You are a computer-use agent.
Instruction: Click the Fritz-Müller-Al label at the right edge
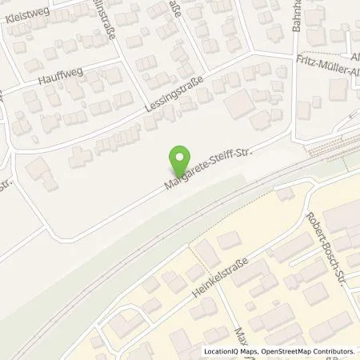[x=327, y=74]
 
